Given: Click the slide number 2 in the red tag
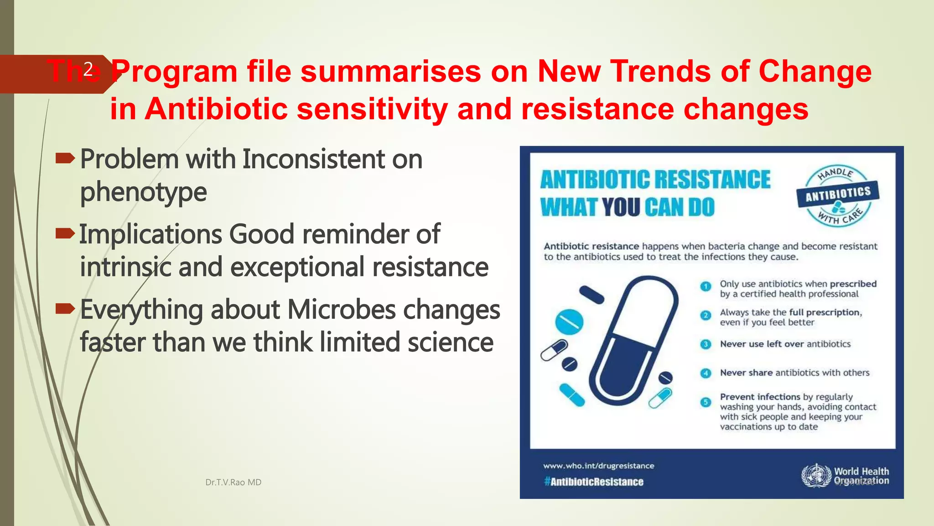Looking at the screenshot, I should click(88, 69).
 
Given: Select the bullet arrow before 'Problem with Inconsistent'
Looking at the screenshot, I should click(65, 158).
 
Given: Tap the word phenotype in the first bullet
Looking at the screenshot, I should click(144, 192).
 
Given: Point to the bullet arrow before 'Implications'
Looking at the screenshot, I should click(65, 234).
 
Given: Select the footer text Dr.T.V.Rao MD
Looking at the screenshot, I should click(233, 482).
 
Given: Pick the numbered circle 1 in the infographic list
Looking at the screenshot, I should click(706, 286).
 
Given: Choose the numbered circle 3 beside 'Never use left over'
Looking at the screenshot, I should click(706, 344).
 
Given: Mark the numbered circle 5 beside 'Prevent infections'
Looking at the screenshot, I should click(706, 402).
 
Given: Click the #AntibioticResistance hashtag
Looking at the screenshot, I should click(594, 482).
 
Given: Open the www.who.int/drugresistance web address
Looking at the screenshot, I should click(598, 466).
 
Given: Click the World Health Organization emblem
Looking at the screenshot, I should click(816, 475).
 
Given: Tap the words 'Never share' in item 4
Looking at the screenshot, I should click(746, 373).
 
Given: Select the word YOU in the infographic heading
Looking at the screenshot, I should click(621, 207).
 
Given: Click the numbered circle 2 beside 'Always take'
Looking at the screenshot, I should click(706, 315).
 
